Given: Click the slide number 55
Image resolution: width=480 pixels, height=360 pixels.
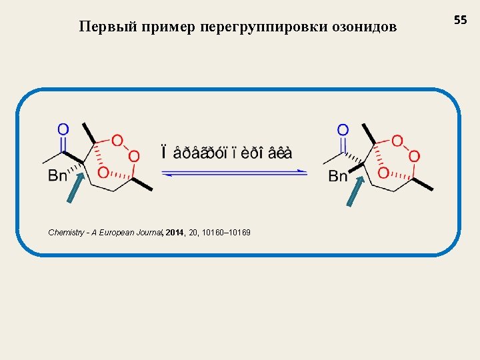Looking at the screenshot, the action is point(461,21).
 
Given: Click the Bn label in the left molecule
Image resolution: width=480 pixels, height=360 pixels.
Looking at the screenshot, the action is point(57,176).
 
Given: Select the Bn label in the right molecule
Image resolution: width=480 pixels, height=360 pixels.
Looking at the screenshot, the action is point(338,176).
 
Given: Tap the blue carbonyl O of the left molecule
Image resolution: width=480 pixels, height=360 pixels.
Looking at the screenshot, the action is point(63,129).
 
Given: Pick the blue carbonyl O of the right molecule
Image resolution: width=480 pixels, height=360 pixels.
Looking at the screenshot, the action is point(343,129).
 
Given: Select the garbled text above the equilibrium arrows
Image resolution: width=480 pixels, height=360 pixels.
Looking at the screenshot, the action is point(227,152).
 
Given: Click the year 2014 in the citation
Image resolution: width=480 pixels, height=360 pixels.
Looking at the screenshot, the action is point(175,233).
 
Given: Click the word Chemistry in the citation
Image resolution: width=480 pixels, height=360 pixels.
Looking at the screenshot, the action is point(65,233).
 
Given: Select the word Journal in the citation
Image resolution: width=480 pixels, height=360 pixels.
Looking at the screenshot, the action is point(149,233).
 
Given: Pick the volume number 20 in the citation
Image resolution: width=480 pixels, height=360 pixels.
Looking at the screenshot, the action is point(194,233).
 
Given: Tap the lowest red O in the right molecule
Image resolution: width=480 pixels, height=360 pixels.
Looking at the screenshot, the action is point(383,173).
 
